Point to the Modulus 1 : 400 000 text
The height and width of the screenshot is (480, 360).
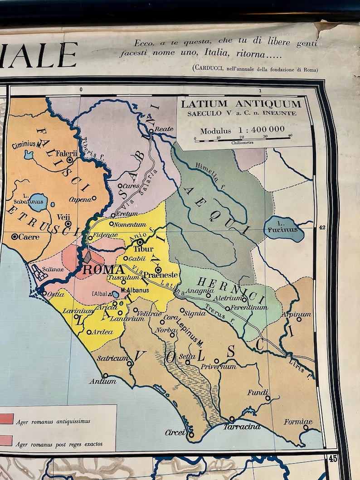coord(243,130)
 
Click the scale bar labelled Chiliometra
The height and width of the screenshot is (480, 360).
coord(242,139)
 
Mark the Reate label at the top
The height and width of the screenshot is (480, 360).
coord(164,129)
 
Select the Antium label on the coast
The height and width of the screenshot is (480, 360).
coord(102,381)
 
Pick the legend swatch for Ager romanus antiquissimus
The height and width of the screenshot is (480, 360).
coord(6,419)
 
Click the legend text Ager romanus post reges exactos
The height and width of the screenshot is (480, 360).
coord(59,444)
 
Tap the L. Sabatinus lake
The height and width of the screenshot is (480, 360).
coord(38,202)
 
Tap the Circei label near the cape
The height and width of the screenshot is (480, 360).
coord(175,432)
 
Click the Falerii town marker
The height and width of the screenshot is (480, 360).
coord(70,160)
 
